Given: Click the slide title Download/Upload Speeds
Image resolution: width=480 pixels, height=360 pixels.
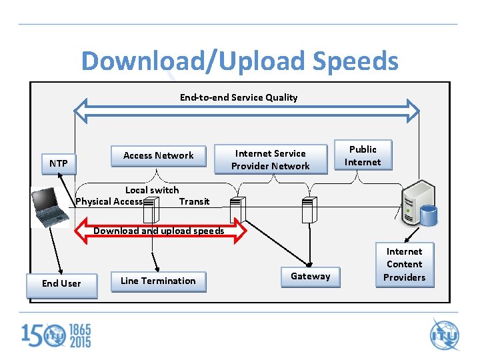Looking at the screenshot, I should [x=239, y=61].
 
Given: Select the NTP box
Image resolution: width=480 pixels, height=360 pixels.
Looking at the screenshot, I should [x=58, y=163].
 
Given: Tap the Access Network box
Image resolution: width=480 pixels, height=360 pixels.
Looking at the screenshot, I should [x=158, y=155].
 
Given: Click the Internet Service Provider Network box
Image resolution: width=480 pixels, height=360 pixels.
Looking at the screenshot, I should [x=270, y=160].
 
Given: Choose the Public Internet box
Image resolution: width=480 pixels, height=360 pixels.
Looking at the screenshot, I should [x=363, y=155].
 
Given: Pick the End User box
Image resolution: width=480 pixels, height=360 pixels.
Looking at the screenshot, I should [x=61, y=283].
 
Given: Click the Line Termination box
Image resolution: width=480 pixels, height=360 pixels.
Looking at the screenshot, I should [x=158, y=281].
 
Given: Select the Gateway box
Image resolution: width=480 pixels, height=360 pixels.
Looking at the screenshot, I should [x=310, y=276].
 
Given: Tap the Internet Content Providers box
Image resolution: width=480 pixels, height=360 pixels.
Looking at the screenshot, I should [x=404, y=265].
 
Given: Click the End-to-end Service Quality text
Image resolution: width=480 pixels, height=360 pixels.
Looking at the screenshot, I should [x=239, y=97].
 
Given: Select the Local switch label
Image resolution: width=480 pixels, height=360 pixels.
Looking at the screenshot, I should [x=152, y=190].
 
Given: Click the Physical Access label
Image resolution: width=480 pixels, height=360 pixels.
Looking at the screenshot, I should [x=109, y=201].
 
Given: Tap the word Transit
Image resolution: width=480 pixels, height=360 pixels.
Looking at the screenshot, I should [x=194, y=201].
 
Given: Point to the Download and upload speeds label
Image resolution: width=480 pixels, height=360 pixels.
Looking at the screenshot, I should [x=159, y=231].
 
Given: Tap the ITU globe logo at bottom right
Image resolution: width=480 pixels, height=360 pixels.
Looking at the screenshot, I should [x=445, y=335].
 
